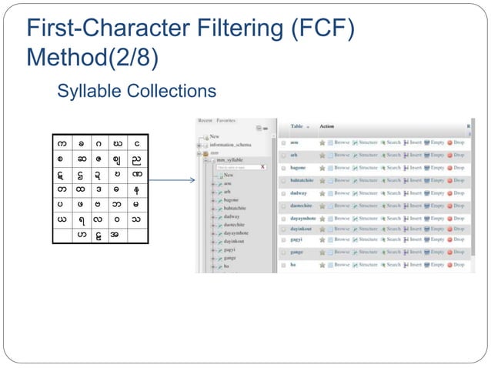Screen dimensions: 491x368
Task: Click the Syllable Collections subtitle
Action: pyautogui.click(x=136, y=92)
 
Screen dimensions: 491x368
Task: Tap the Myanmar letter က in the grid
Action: pyautogui.click(x=62, y=144)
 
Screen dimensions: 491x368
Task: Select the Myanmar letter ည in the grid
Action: pyautogui.click(x=136, y=161)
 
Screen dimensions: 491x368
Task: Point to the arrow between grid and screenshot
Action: pyautogui.click(x=170, y=182)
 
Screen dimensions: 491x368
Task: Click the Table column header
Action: pyautogui.click(x=296, y=126)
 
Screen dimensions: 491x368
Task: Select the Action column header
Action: pyautogui.click(x=326, y=126)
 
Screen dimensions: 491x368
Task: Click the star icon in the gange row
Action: pyautogui.click(x=322, y=252)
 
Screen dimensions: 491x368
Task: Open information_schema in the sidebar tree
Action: pyautogui.click(x=230, y=144)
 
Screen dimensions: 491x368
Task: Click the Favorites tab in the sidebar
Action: pyautogui.click(x=226, y=121)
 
